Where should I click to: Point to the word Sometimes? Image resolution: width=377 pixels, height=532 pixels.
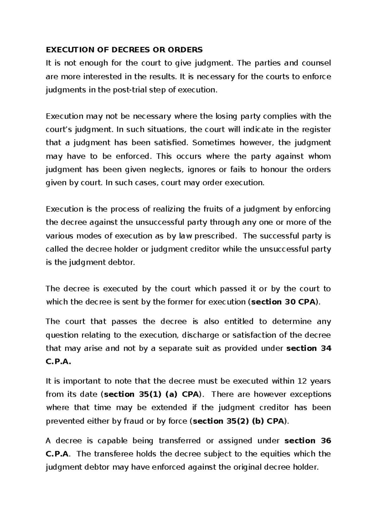(213, 143)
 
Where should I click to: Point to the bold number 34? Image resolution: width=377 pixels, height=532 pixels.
(326, 348)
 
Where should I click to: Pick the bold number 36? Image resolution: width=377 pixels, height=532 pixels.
(326, 441)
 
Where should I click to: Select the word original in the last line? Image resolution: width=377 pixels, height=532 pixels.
(246, 467)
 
